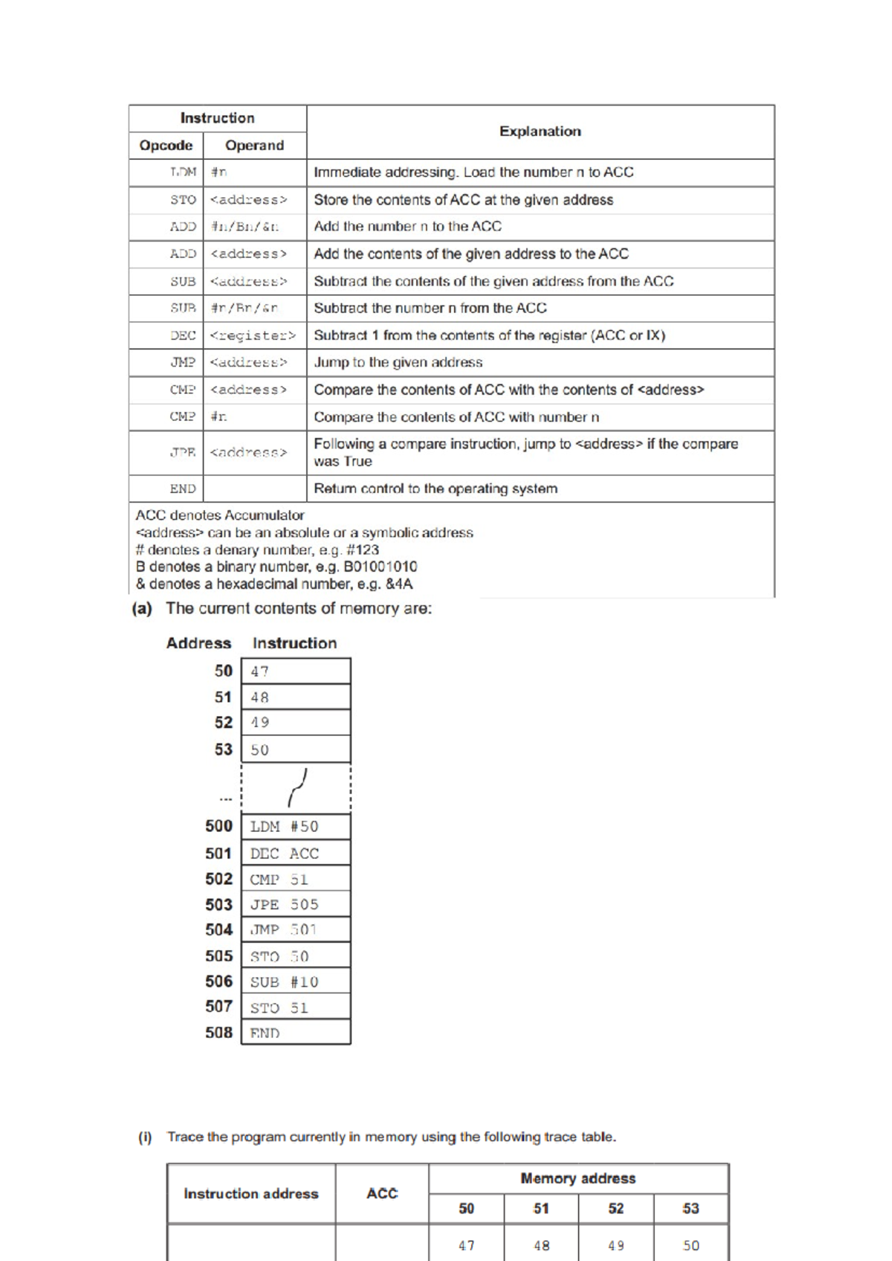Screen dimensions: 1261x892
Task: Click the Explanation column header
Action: (540, 132)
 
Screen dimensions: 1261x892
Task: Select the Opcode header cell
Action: (166, 146)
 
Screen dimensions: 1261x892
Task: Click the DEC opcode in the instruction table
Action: (183, 335)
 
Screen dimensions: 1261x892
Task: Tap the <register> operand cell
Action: (253, 335)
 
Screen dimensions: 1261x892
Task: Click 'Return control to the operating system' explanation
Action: (436, 488)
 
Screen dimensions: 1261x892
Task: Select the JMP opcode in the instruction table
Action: (183, 363)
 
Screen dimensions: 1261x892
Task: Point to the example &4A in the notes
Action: (399, 584)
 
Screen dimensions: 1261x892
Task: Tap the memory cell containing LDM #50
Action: (295, 827)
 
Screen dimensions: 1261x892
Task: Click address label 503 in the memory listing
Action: (219, 905)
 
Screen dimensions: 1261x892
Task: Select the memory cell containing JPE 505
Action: (295, 905)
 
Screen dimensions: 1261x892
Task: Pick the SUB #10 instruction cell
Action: (295, 982)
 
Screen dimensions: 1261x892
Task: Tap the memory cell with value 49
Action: (295, 723)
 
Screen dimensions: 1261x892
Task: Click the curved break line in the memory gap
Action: (297, 788)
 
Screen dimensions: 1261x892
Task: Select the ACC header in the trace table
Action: (382, 1193)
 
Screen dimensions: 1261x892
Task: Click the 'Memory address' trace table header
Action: (578, 1178)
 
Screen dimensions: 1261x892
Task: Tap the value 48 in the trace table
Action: (542, 1245)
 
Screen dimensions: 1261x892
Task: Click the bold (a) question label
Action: (142, 609)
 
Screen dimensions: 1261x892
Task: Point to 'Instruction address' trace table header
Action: (251, 1193)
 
